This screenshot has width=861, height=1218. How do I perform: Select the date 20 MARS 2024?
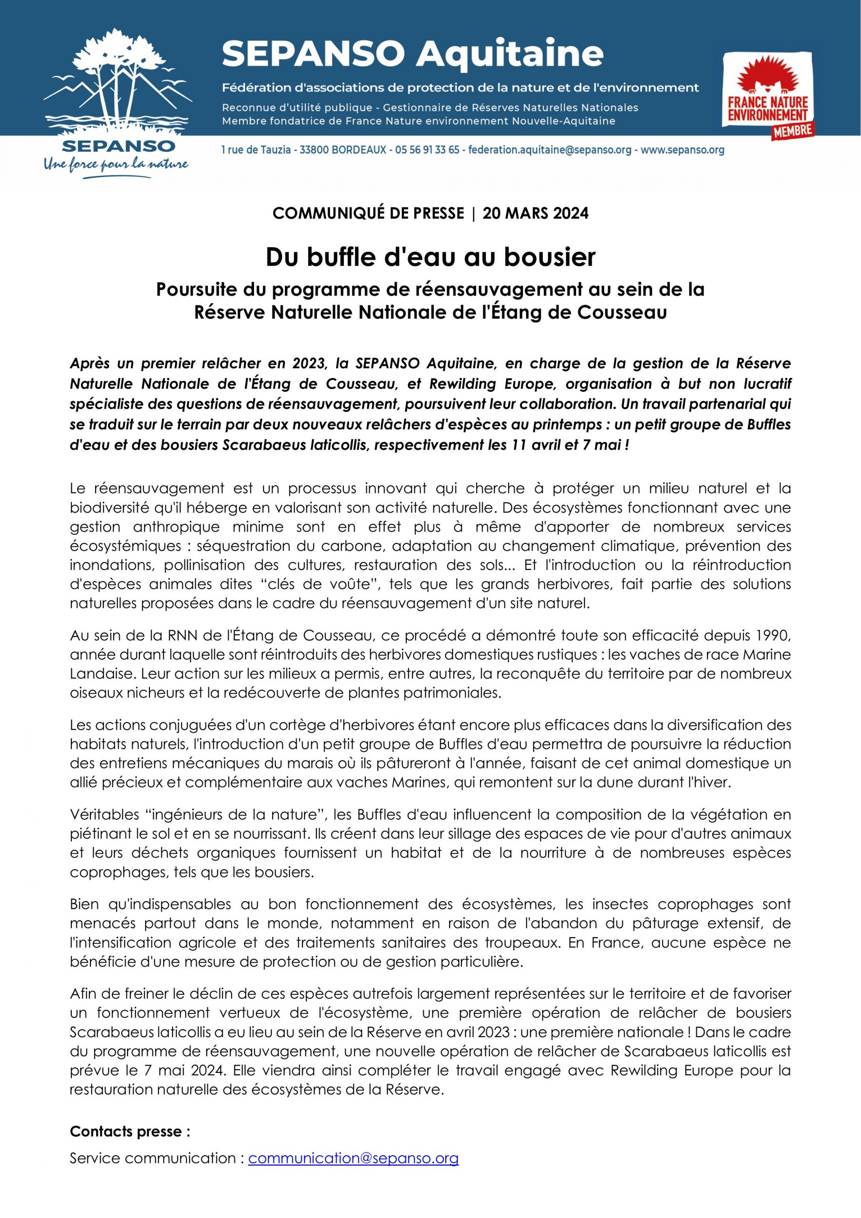point(535,213)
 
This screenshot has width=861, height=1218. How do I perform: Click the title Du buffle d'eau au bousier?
point(430,257)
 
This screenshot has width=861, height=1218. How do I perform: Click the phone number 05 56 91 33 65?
point(427,150)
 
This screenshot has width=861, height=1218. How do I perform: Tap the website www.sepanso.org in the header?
point(682,150)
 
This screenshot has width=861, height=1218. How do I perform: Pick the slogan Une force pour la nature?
point(116,165)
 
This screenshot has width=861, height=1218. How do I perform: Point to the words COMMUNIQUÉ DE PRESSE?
point(368,213)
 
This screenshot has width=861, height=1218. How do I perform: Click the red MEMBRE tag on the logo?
point(792,131)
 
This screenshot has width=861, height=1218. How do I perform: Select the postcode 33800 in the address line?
point(314,150)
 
